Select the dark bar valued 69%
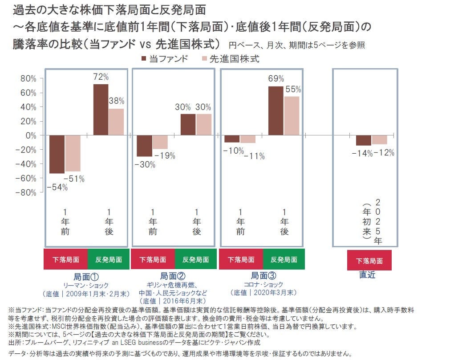tap(276, 110)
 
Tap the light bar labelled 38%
tap(117, 121)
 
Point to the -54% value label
tap(57, 188)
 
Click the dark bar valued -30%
tap(144, 146)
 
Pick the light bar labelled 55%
tap(292, 115)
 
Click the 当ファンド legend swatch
tap(144, 58)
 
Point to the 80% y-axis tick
tap(28, 78)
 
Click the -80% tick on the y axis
tap(26, 192)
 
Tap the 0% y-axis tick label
tap(31, 135)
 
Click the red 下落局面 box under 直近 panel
tap(369, 261)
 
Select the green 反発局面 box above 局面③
tap(284, 259)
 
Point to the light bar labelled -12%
tap(379, 140)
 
